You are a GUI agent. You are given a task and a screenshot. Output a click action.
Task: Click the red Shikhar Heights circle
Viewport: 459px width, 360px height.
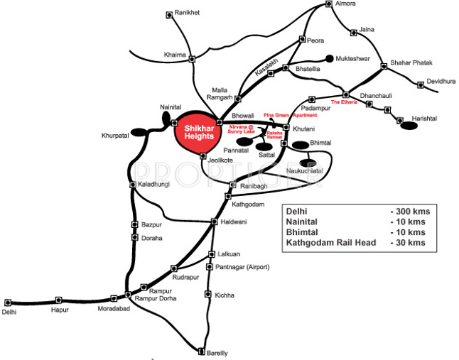pyautogui.click(x=198, y=131)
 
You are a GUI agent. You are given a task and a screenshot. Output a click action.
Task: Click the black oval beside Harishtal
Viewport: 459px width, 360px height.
pyautogui.click(x=409, y=126)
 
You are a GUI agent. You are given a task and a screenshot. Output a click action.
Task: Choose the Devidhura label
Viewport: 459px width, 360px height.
pyautogui.click(x=441, y=82)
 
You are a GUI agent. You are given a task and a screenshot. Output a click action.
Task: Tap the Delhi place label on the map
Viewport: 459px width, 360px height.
pyautogui.click(x=9, y=312)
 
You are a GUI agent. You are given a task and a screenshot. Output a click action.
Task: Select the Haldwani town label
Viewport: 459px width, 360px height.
pyautogui.click(x=234, y=222)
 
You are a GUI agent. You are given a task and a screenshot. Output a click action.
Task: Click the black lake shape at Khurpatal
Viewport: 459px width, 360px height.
pyautogui.click(x=139, y=131)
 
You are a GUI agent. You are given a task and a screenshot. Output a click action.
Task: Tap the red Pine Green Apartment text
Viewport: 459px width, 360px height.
pyautogui.click(x=290, y=115)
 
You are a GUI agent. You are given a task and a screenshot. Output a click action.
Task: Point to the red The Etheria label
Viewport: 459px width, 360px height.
pyautogui.click(x=345, y=103)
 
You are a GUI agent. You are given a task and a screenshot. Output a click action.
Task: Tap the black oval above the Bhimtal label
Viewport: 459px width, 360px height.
pyautogui.click(x=301, y=145)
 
